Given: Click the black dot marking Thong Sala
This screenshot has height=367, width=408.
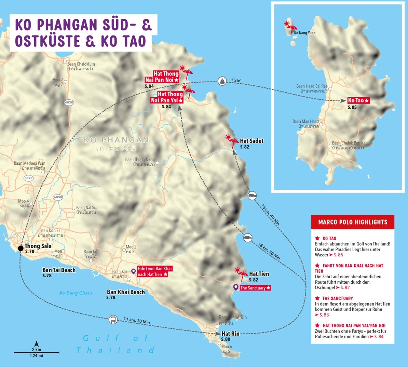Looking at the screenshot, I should point(21,248).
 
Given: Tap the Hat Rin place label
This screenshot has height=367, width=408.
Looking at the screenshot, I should point(230,334).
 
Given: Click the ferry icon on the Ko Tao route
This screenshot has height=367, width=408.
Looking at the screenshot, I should point(222,81).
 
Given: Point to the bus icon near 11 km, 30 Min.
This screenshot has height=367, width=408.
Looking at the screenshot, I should point(113,320).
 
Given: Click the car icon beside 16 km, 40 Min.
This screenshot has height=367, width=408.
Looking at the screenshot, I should point(252,196).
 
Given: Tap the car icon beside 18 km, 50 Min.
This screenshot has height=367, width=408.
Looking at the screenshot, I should point(248,238).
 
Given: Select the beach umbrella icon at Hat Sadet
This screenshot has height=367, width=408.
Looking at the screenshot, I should point(231,140).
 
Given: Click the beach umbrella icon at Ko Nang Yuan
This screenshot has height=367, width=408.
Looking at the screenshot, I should point(290,27).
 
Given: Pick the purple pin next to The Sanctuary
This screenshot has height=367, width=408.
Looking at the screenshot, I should point(235,287).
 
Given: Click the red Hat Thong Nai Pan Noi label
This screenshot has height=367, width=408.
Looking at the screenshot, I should point(162,77).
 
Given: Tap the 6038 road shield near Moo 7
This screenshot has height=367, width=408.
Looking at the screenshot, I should point(69,102).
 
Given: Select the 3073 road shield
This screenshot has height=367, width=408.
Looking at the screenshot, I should point(29,178).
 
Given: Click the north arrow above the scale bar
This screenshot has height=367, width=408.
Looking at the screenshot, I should point(37,343).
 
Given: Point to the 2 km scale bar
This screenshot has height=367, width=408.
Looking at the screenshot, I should point(37,352).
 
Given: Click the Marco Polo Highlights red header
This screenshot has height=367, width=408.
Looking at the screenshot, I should point(353,222).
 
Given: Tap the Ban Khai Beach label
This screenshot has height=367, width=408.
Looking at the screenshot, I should point(126,292).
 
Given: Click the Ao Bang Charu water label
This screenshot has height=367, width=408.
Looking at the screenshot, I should point(76,293).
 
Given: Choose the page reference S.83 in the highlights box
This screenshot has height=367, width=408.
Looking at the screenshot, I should point(324,315).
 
